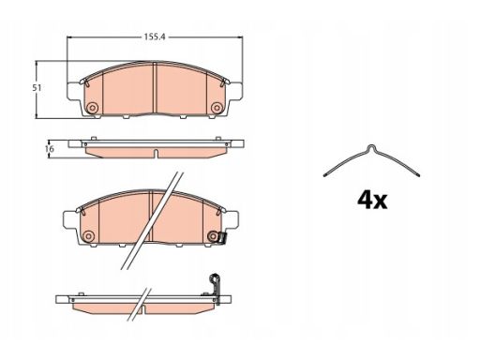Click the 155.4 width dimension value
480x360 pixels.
(x=155, y=37)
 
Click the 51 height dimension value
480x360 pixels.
(x=37, y=88)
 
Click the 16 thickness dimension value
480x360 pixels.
(x=50, y=149)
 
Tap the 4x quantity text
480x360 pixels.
(x=372, y=200)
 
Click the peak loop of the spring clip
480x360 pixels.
(x=371, y=148)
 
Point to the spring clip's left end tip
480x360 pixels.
(x=325, y=175)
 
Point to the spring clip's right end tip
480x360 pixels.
(x=418, y=175)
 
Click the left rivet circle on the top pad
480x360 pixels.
(x=92, y=108)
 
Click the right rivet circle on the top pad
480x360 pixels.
(x=217, y=108)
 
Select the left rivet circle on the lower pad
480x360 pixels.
(x=88, y=236)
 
